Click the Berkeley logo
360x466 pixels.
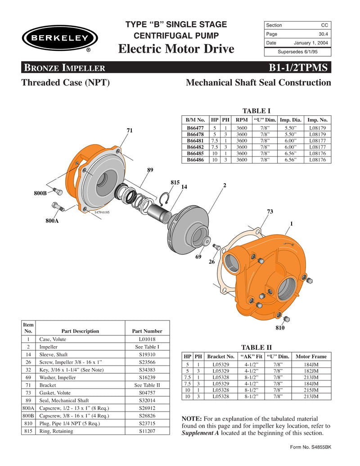[58, 38]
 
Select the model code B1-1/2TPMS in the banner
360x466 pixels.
[299, 68]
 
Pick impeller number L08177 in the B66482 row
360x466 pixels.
[317, 147]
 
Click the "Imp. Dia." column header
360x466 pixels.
[291, 120]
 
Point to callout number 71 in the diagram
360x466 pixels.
[130, 130]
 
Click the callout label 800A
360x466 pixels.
[52, 221]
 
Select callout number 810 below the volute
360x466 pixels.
[280, 328]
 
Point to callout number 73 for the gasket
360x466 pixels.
[270, 211]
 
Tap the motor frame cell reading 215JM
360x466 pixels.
[311, 390]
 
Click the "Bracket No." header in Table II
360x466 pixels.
[221, 356]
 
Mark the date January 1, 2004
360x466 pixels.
[311, 43]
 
